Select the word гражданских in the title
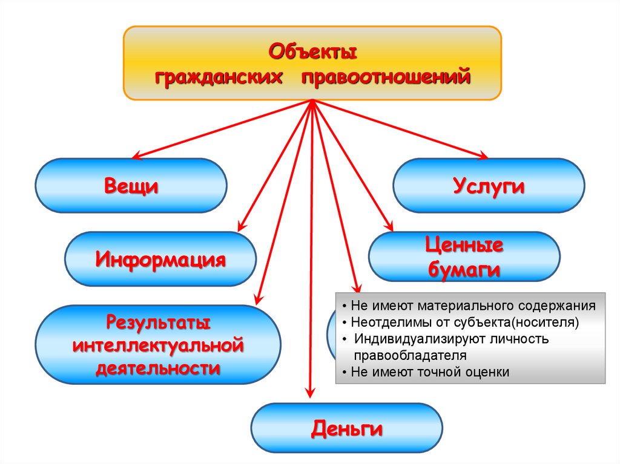[219, 78]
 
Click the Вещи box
[131, 186]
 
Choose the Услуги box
[489, 186]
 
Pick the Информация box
[160, 260]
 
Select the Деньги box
[347, 429]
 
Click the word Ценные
[464, 246]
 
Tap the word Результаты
[158, 322]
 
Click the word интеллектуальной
[158, 345]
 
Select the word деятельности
[158, 368]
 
